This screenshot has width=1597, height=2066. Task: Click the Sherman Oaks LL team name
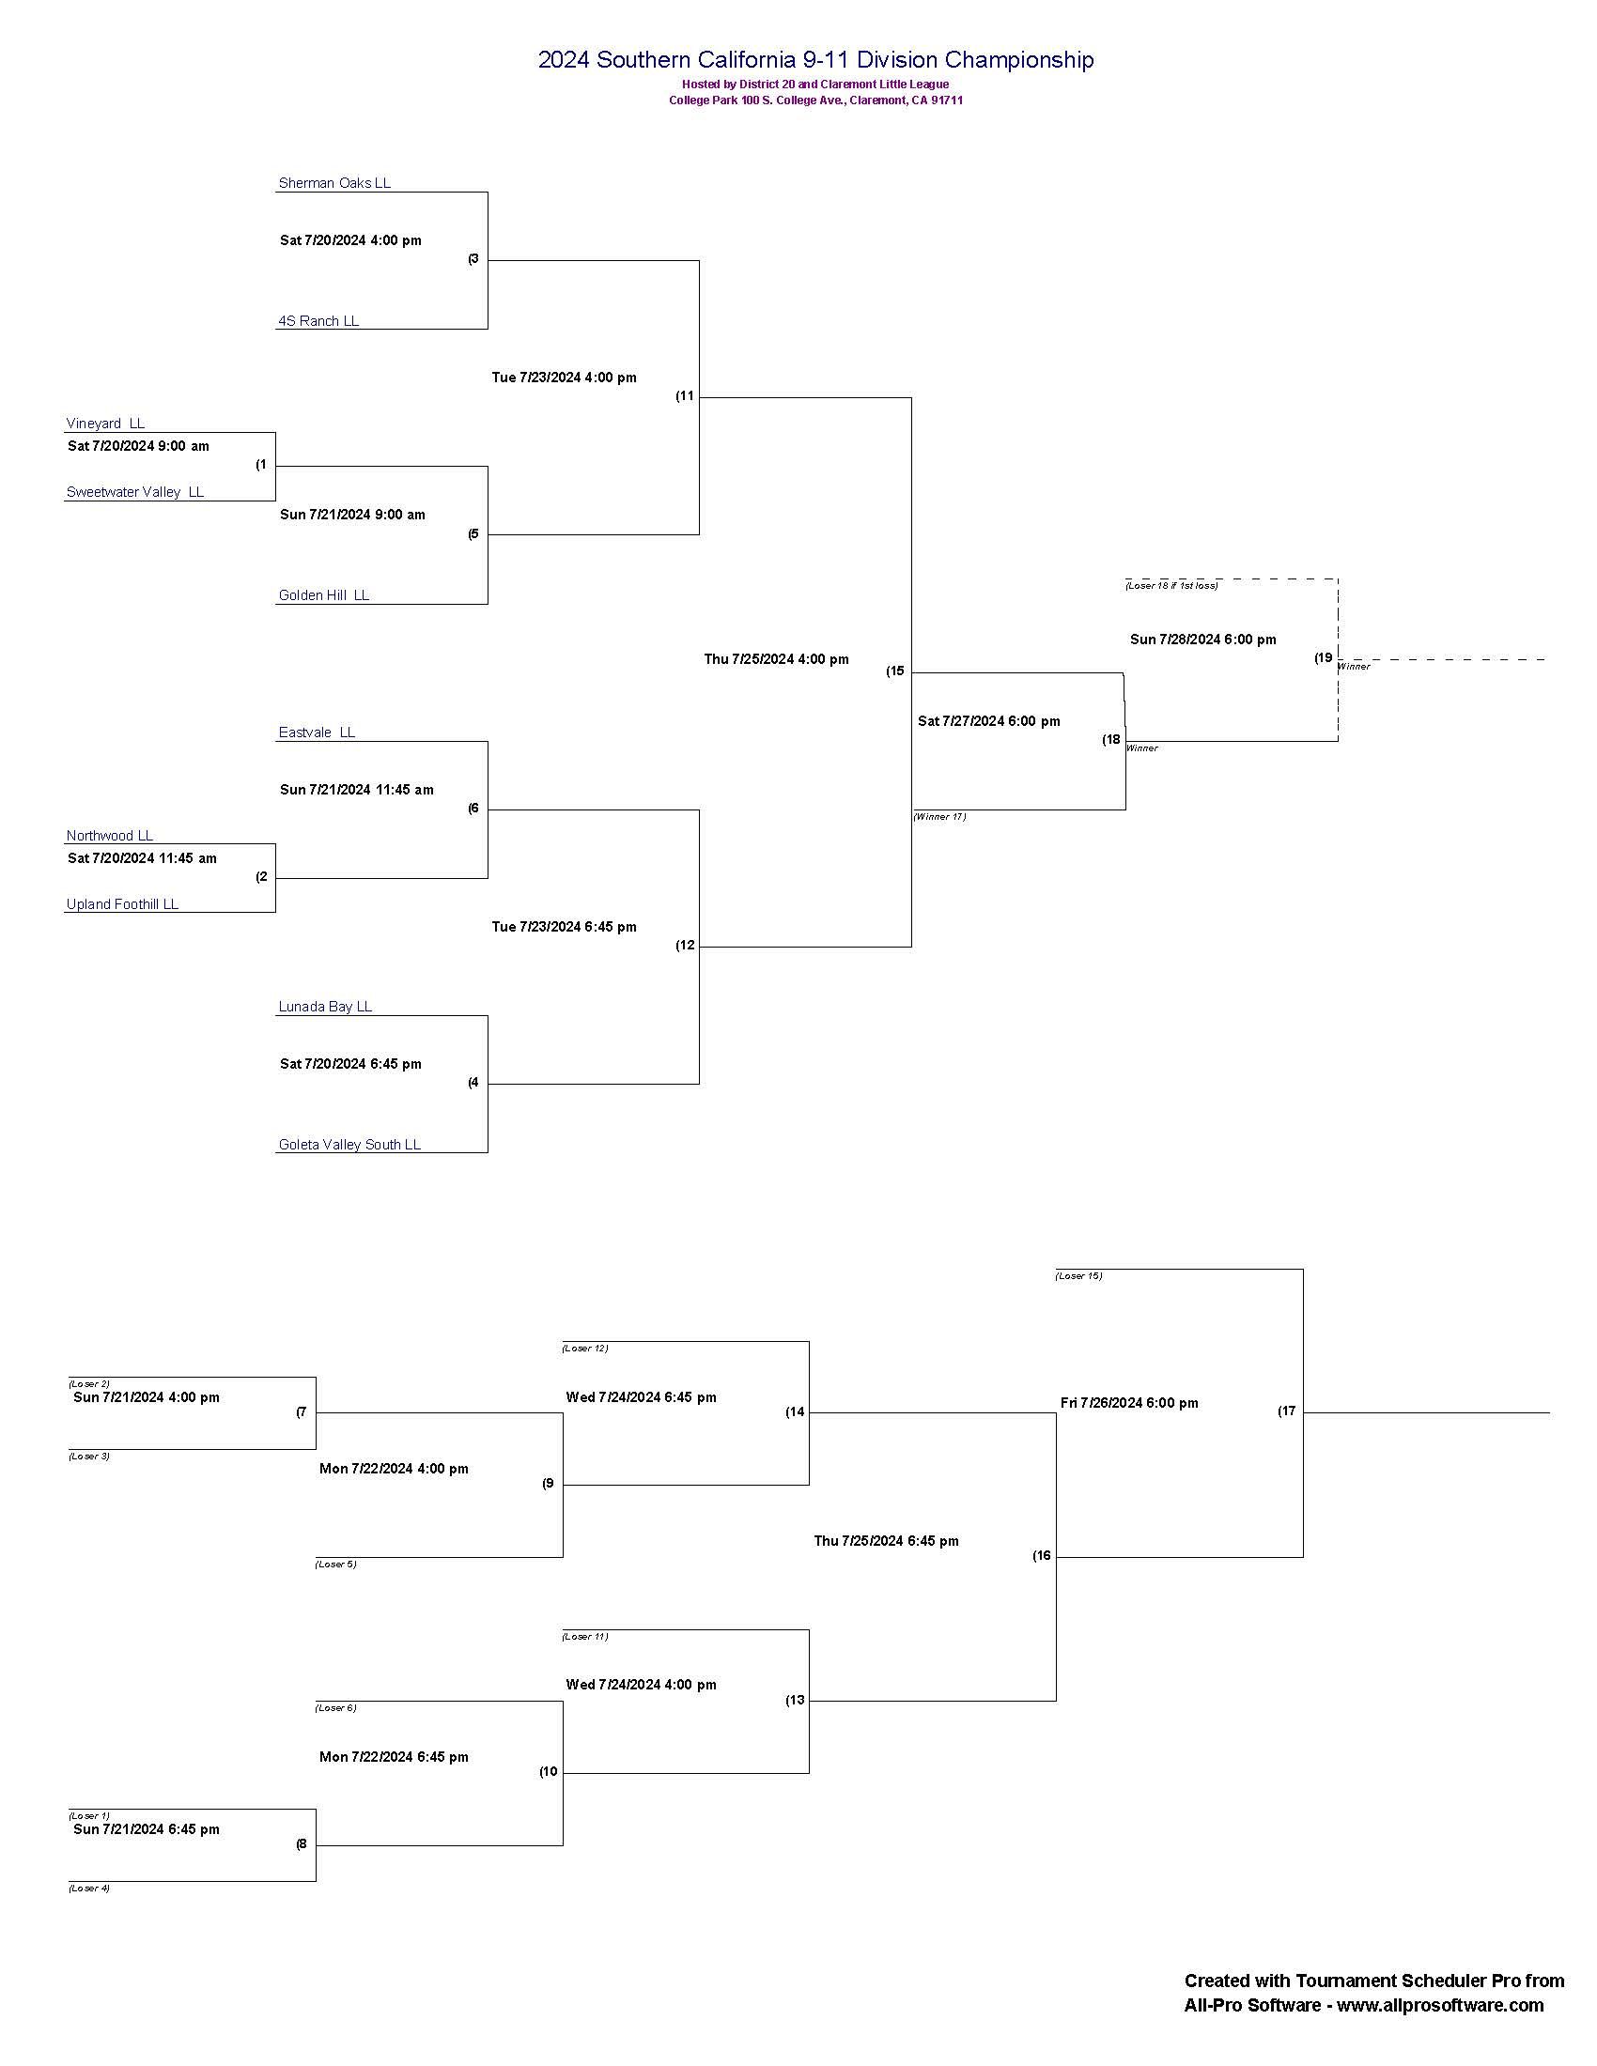pos(334,182)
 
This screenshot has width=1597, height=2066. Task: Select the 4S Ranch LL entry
pos(318,320)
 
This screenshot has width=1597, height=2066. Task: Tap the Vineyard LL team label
pos(105,423)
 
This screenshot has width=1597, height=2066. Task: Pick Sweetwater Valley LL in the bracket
pos(134,492)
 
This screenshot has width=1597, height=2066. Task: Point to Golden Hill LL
pos(323,595)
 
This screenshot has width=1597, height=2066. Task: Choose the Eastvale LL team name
pos(316,732)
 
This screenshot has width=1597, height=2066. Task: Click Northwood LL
pos(109,835)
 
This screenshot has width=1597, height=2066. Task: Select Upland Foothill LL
pos(122,904)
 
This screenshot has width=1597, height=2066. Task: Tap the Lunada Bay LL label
pos(324,1007)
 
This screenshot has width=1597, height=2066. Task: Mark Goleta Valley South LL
pos(349,1145)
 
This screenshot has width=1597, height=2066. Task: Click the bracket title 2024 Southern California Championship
pos(815,59)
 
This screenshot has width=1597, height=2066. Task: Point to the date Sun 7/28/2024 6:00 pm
pos(1202,640)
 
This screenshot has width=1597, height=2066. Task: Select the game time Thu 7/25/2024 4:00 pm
pos(776,659)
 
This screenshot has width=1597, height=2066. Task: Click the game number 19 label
pos(1323,657)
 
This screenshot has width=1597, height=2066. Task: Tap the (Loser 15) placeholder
pos(1078,1276)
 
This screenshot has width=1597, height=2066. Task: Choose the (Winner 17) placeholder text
pos(939,816)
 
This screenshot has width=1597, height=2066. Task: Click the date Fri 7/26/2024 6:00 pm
pos(1128,1403)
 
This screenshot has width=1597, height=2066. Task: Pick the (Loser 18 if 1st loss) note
pos(1171,586)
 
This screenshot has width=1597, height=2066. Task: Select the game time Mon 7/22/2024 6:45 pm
pos(394,1757)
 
